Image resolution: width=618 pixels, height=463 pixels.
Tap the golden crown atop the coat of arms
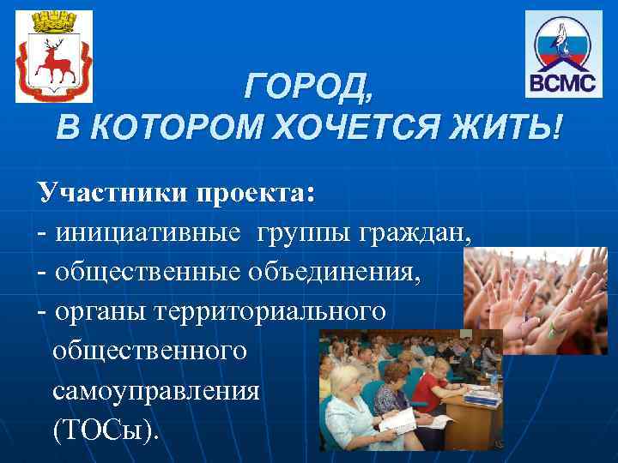pyautogui.click(x=52, y=20)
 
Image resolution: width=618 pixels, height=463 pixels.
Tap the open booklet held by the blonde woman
pyautogui.click(x=403, y=420)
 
